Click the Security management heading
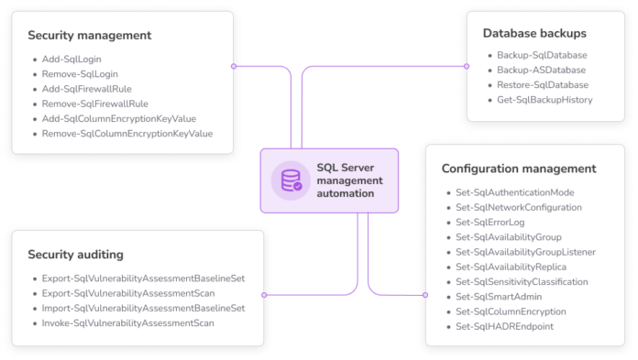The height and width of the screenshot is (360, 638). click(x=89, y=36)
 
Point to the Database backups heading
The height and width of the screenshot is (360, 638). click(x=534, y=33)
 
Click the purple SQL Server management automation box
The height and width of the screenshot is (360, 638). click(x=330, y=180)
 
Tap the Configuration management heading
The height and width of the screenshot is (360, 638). click(x=519, y=169)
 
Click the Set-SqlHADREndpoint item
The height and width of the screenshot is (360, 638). click(x=505, y=326)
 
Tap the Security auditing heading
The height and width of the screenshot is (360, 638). click(x=75, y=254)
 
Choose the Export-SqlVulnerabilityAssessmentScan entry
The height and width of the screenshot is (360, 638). click(x=128, y=293)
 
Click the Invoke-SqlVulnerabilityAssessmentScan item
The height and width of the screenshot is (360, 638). click(x=128, y=323)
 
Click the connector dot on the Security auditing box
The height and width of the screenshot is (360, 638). click(x=265, y=295)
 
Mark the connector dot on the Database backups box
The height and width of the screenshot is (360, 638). click(x=465, y=66)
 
